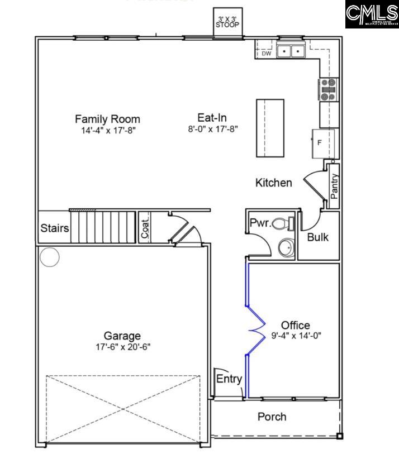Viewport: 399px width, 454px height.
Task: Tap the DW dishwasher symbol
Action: click(x=267, y=54)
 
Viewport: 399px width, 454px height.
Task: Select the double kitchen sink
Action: click(x=291, y=51)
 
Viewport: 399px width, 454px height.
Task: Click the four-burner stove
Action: click(x=328, y=89)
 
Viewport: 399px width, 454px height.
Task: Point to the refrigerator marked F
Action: click(x=324, y=143)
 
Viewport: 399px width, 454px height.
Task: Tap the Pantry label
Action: click(x=334, y=186)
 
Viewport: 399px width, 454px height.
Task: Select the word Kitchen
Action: click(x=273, y=183)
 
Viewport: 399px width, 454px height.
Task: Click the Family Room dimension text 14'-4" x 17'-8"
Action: click(x=108, y=130)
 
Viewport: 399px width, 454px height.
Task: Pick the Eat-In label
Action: click(x=212, y=118)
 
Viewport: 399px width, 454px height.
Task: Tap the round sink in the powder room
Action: click(x=286, y=247)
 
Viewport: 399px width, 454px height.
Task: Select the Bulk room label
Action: click(x=318, y=237)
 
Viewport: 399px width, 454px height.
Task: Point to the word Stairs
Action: click(x=54, y=228)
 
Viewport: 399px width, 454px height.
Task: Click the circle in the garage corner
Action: click(x=49, y=257)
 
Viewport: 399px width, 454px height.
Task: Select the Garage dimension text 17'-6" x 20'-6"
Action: click(x=122, y=347)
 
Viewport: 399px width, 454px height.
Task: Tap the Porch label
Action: click(x=272, y=417)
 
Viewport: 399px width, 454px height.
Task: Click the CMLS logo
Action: click(x=371, y=15)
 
